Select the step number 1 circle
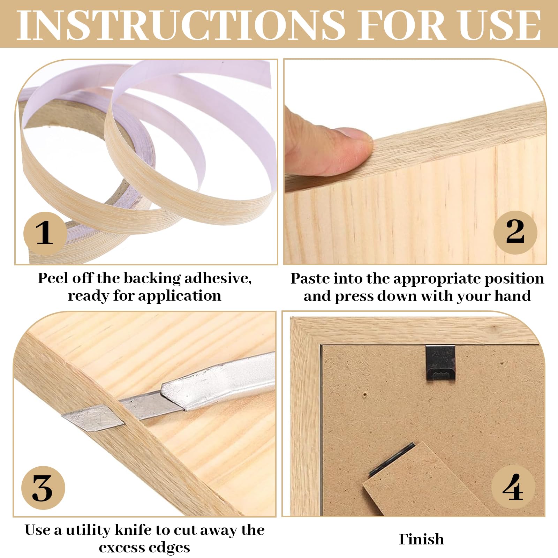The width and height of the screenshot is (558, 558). click(x=45, y=233)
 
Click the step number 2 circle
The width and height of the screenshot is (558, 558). click(x=515, y=232)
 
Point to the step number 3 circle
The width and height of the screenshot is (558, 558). click(x=43, y=488)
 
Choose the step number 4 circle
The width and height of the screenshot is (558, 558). click(x=513, y=487)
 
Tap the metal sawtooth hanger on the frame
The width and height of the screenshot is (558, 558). click(x=440, y=363)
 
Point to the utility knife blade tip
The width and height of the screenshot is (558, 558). click(x=63, y=415)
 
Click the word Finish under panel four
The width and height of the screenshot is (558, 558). click(x=421, y=539)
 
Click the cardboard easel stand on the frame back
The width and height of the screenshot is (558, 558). click(x=418, y=481)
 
